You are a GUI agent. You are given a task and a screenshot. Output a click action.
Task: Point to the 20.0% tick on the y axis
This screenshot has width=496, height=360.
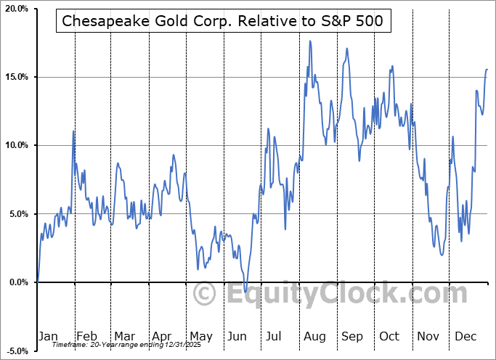[16, 9]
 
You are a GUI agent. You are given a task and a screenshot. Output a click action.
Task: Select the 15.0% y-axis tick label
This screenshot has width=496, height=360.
[16, 77]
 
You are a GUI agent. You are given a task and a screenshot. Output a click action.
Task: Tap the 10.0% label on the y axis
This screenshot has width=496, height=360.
[16, 145]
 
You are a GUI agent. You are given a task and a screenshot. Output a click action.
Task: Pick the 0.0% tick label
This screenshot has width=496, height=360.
[18, 282]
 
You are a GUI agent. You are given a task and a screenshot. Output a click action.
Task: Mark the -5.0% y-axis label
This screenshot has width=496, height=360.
[17, 351]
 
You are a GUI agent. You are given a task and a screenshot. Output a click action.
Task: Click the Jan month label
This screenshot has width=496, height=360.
[48, 336]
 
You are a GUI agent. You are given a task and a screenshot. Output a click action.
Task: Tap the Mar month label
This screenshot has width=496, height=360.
[123, 336]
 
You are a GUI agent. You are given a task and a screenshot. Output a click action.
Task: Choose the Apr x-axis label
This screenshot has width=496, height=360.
[162, 336]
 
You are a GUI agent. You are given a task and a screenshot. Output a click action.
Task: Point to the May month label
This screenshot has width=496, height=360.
[200, 336]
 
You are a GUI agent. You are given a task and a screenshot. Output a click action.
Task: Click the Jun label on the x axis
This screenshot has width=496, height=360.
[237, 336]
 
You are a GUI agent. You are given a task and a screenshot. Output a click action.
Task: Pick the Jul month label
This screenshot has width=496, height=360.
[275, 336]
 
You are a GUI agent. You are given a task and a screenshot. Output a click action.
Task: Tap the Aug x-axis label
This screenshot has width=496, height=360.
[314, 336]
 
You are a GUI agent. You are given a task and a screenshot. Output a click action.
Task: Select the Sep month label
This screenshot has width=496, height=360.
[351, 336]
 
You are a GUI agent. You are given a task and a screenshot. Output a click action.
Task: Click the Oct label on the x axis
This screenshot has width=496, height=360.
[389, 336]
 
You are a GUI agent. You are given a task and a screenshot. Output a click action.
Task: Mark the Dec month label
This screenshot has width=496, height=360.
[465, 336]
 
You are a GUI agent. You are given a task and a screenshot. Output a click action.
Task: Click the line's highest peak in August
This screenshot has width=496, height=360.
[310, 41]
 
